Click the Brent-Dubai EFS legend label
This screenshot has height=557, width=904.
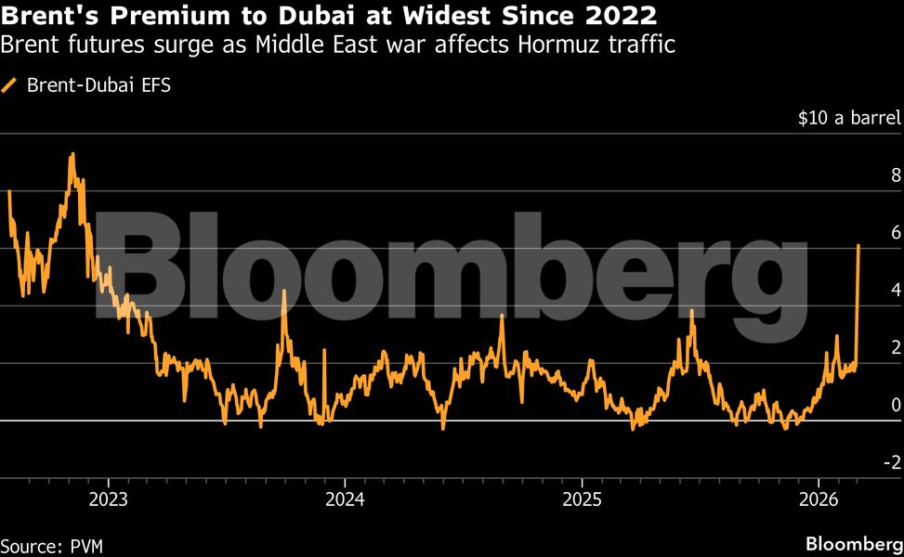pos(99,85)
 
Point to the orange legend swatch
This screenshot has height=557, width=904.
pos(11,85)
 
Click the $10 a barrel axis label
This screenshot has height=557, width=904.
pos(849,118)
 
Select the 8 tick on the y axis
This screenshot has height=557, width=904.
pos(896,175)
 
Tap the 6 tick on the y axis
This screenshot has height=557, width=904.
pos(896,232)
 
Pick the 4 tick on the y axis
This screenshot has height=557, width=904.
pos(896,290)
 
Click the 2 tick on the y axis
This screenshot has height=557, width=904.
pos(896,347)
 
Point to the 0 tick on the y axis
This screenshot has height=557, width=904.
pos(896,405)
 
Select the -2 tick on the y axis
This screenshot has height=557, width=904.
pos(892,462)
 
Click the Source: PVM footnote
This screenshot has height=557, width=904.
pos(52,545)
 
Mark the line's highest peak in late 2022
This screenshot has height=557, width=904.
pos(72,154)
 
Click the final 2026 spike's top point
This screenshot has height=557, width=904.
pos(858,245)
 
